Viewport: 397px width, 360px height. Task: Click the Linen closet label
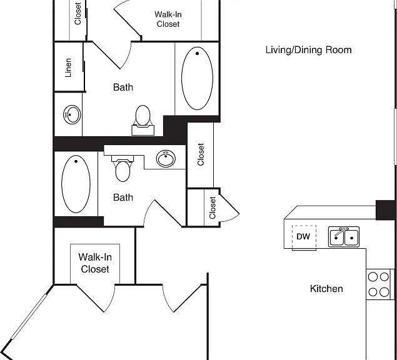tap(68, 67)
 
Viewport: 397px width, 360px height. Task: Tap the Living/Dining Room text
tap(308, 49)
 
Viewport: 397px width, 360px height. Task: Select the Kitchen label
tap(326, 289)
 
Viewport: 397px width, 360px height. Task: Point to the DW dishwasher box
tap(304, 237)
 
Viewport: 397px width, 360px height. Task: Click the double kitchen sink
tap(344, 237)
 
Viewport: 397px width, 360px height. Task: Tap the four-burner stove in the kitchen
tap(379, 284)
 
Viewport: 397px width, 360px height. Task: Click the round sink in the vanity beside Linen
tap(72, 114)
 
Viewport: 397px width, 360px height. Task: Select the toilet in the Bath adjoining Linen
tap(143, 120)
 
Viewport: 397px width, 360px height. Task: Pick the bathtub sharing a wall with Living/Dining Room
tap(197, 78)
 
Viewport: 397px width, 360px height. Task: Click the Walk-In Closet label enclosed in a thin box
tap(95, 263)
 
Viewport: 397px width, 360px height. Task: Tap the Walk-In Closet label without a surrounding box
tap(168, 19)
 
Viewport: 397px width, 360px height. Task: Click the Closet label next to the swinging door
tap(213, 207)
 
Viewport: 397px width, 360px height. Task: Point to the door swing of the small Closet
tap(230, 209)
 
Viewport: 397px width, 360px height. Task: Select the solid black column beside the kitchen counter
tap(385, 210)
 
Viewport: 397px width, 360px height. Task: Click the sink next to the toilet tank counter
tap(166, 159)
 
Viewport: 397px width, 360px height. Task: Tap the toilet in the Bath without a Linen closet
tap(123, 168)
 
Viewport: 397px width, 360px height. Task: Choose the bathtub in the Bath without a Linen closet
tap(76, 184)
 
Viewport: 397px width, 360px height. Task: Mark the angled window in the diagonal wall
tap(29, 317)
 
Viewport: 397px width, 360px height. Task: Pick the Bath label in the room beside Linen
tap(123, 87)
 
